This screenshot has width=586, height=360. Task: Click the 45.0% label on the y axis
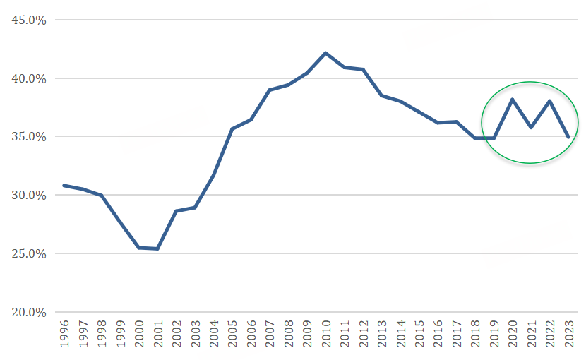tap(29, 20)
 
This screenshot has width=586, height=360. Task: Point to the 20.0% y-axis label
tap(29, 312)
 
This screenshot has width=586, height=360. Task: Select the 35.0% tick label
tap(29, 136)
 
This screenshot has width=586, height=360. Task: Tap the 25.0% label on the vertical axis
tap(29, 253)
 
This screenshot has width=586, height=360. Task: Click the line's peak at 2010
tap(325, 53)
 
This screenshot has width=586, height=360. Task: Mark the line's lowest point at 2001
tap(157, 248)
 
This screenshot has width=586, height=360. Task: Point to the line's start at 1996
tap(64, 186)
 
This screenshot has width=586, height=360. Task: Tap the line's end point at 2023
tap(568, 137)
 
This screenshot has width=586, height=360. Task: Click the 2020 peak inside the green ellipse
tap(513, 99)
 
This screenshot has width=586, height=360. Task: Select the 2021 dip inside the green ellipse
tap(531, 128)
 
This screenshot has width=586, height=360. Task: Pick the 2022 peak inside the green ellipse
tap(549, 100)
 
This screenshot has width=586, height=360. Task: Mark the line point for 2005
tap(232, 128)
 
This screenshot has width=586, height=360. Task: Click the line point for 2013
tap(381, 95)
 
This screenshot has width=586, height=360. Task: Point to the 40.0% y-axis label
tap(29, 78)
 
